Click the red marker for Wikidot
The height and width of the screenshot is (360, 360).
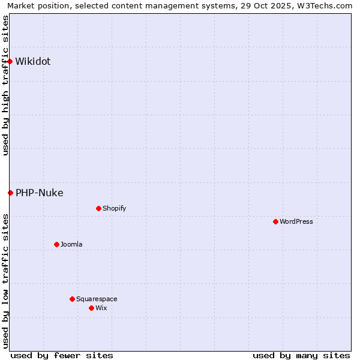point(10,61)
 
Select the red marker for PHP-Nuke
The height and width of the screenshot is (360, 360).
point(10,193)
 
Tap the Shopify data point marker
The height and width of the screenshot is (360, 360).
point(98,208)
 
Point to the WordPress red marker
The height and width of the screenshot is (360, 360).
point(275,221)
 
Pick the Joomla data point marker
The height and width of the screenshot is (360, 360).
point(56,244)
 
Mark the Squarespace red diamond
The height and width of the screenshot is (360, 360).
point(72,299)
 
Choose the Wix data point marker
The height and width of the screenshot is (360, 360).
point(91,308)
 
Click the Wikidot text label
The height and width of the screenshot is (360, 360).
point(33,61)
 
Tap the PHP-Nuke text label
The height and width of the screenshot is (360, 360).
point(40,193)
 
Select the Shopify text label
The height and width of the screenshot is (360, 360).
point(114,208)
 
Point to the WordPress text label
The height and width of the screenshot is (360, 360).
point(296,221)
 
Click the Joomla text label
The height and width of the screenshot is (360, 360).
point(71,244)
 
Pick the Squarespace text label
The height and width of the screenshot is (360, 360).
point(97,299)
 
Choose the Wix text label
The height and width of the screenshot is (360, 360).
point(101,308)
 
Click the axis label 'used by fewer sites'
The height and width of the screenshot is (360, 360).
point(62,355)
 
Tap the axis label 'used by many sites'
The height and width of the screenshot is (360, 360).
point(301,355)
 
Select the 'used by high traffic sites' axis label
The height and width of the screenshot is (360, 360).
point(5,86)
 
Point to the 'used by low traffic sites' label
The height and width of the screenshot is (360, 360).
point(5,281)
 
